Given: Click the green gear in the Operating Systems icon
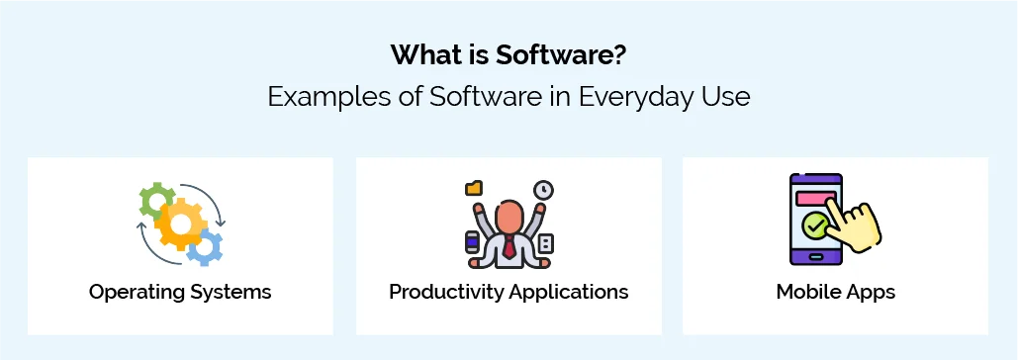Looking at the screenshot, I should (x=156, y=201).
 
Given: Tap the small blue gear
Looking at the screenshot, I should (x=205, y=248).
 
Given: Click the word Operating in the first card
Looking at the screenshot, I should (x=137, y=292).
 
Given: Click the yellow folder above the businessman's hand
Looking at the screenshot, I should (x=473, y=187).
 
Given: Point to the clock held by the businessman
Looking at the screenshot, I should (x=542, y=189).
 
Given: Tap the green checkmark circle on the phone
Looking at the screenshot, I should (x=815, y=226).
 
